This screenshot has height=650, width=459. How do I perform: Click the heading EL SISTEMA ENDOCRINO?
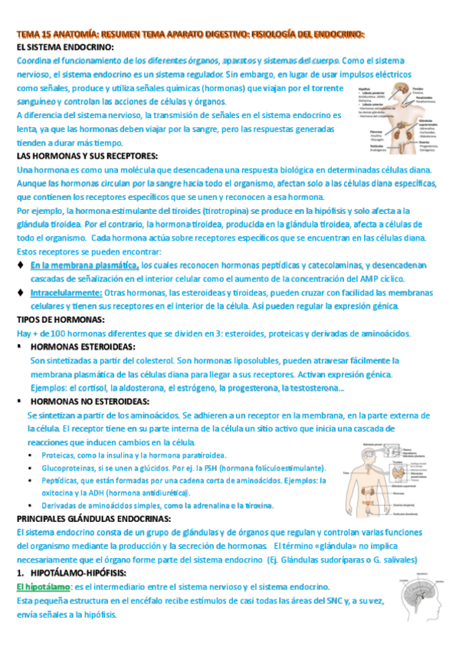[65, 48]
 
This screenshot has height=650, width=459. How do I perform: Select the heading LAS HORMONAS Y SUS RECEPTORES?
[87, 156]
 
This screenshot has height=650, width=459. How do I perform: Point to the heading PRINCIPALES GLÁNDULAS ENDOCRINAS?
[104, 519]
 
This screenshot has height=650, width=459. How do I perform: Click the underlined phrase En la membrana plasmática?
[84, 265]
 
